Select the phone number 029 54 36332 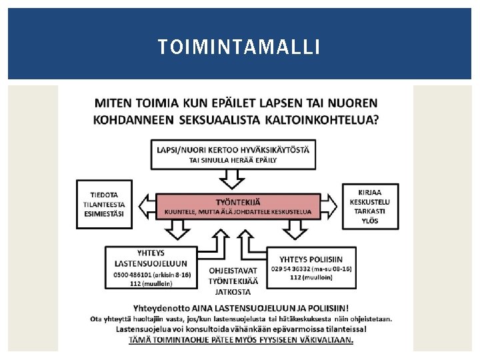click(294, 268)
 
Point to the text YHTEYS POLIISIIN click(312, 259)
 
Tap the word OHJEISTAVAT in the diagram click(233, 271)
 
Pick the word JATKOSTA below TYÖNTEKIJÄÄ click(233, 291)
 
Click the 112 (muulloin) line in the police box click(312, 277)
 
